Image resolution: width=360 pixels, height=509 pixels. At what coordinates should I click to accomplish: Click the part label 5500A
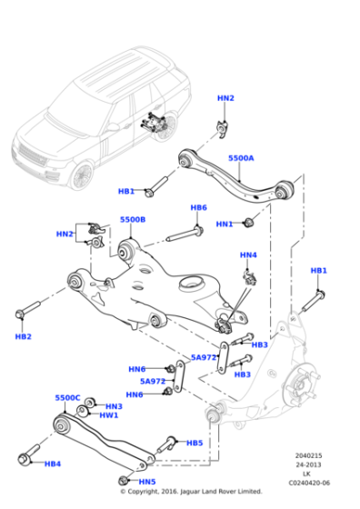(x=241, y=158)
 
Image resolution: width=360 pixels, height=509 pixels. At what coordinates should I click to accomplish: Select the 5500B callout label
(x=132, y=220)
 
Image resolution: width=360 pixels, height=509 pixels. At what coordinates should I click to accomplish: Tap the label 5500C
(x=67, y=397)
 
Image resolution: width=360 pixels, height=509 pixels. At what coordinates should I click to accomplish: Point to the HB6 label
(x=198, y=208)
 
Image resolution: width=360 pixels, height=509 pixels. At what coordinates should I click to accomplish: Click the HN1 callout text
(x=224, y=224)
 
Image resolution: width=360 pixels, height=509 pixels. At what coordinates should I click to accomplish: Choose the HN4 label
(x=248, y=255)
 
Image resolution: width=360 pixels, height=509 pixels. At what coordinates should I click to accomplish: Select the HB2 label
(x=24, y=336)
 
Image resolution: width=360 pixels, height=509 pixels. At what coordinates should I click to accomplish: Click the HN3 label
(x=114, y=406)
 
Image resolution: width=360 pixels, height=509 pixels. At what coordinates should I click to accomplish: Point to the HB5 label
(x=195, y=443)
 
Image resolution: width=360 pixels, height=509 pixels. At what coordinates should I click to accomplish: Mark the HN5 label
(x=147, y=482)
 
